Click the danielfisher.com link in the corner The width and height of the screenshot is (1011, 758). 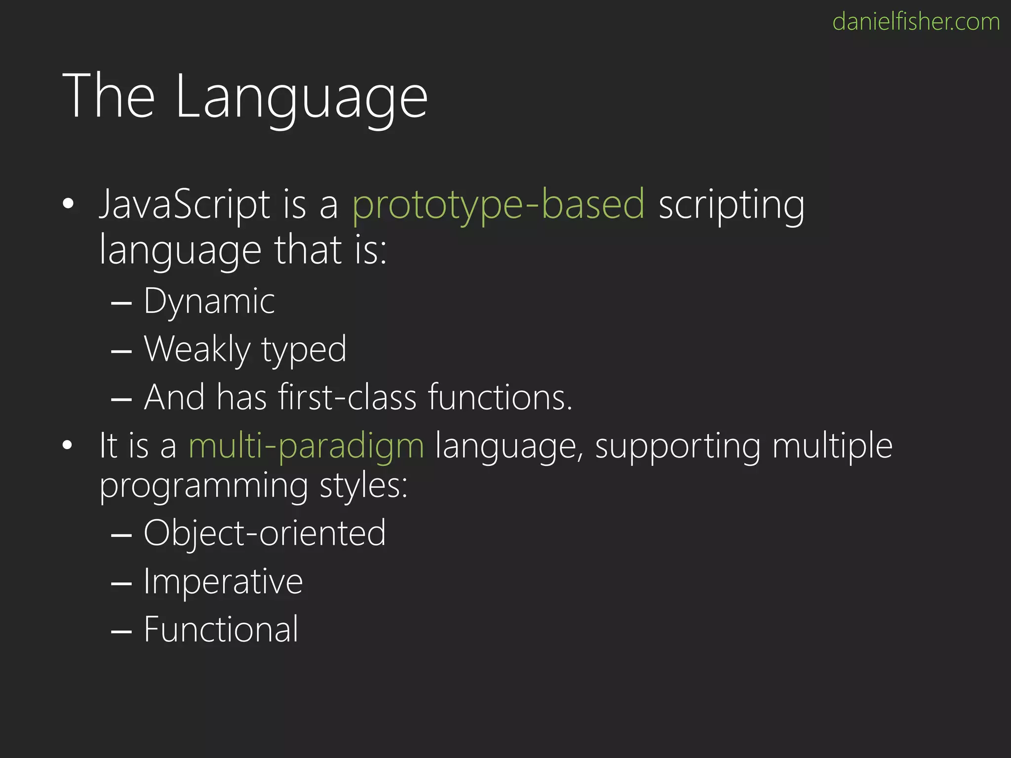[916, 22]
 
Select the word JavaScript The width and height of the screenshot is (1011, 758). [185, 205]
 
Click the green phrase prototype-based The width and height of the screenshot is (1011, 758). [498, 205]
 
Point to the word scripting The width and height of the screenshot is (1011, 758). [731, 205]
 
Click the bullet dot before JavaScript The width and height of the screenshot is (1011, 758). [68, 203]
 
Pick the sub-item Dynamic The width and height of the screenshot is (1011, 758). [209, 301]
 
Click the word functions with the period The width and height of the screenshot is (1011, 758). [500, 397]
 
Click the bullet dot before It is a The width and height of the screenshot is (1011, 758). [68, 445]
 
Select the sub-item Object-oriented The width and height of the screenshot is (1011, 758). [265, 533]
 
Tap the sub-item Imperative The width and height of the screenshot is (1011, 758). [223, 582]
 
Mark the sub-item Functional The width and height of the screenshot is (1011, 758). [221, 630]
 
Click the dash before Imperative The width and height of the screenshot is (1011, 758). [121, 583]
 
